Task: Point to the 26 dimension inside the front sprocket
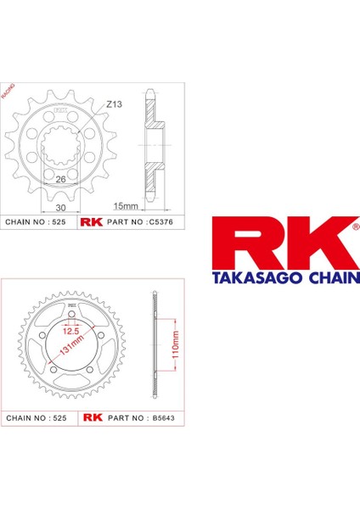[x=61, y=179]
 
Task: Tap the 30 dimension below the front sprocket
[x=59, y=206]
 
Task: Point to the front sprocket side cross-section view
[x=151, y=144]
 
